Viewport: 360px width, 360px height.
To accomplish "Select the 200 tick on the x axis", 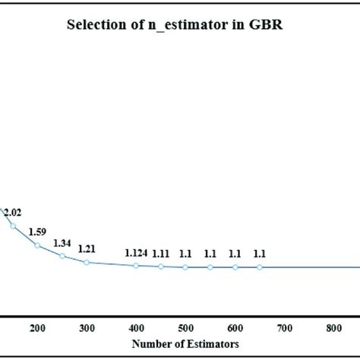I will pos(37,328).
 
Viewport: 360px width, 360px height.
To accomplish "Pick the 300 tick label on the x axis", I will pos(87,328).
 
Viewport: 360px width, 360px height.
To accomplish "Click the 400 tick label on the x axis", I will pos(137,328).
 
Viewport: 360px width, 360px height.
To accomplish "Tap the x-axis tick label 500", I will pos(185,328).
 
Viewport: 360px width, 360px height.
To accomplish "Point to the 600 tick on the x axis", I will pos(235,328).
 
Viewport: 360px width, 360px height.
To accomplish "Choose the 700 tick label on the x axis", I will pos(284,328).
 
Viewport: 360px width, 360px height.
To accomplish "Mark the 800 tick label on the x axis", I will pos(333,328).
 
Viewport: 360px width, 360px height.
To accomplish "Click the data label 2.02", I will pos(12,213).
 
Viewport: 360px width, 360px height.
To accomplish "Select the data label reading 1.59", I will pos(36,232).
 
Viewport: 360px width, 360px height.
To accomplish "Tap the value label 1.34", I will pos(62,243).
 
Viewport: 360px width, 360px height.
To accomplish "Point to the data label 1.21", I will pos(86,249).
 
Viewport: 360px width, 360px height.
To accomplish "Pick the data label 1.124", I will pos(137,253).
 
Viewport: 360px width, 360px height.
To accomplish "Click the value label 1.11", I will pos(160,254).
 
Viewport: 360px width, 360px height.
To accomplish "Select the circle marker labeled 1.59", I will pos(37,245).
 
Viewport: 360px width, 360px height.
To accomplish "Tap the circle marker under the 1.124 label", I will pos(136,265).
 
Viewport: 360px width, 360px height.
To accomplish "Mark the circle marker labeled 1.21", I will pos(87,262).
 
